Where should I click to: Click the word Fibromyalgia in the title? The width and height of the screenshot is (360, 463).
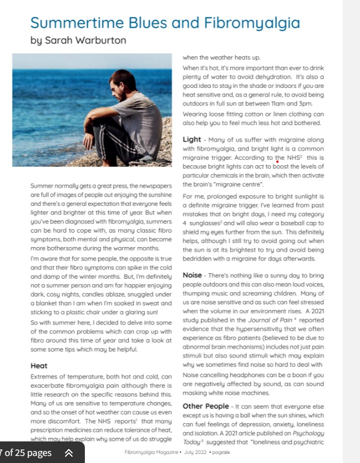click(x=251, y=23)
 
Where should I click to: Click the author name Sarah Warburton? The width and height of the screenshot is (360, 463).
click(x=85, y=40)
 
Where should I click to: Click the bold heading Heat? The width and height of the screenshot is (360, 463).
click(x=39, y=366)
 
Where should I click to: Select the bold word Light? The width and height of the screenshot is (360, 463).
click(x=192, y=140)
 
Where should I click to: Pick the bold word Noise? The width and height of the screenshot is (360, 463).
click(x=192, y=276)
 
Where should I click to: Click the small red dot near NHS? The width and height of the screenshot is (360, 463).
click(x=277, y=162)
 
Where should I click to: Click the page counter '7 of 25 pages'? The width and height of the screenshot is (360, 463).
click(x=26, y=453)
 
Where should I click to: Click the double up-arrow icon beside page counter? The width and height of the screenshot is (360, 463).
click(x=69, y=453)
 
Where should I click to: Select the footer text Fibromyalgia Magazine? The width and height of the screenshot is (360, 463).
click(x=150, y=452)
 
